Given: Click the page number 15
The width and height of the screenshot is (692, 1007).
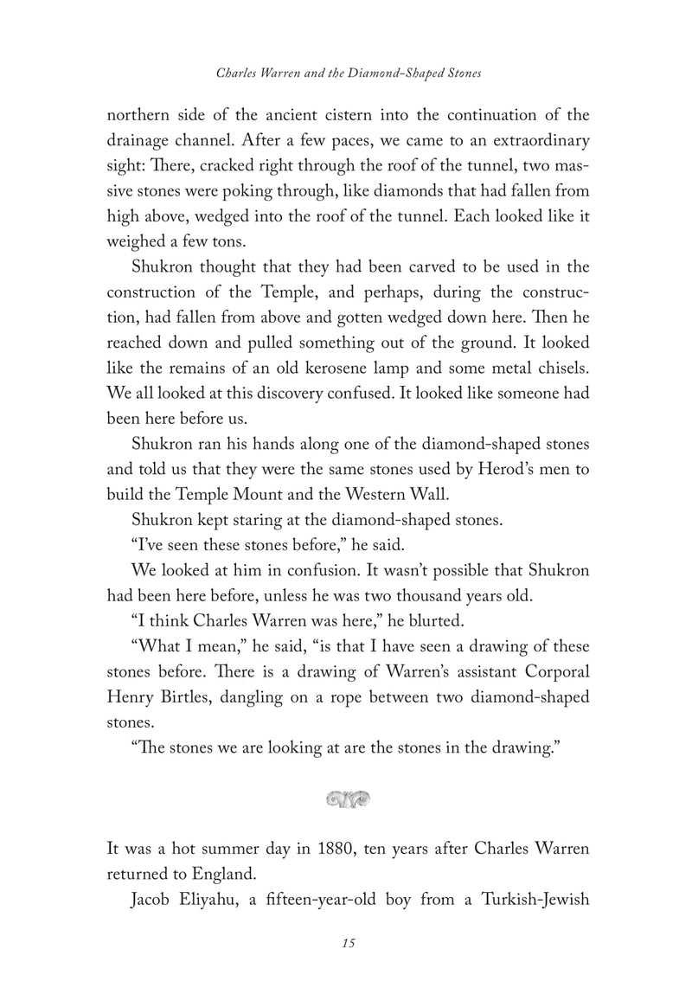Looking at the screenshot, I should pyautogui.click(x=347, y=942).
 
